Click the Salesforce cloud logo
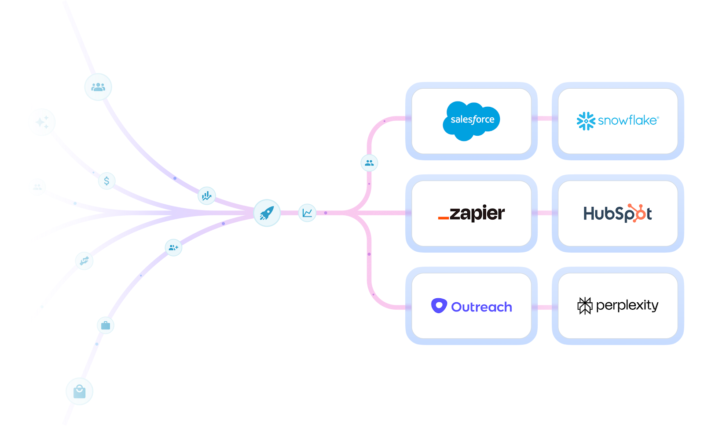click(x=471, y=120)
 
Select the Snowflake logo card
click(x=617, y=120)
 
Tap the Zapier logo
click(x=471, y=213)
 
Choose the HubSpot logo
click(x=617, y=213)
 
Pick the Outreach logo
click(x=471, y=306)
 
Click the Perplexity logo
click(x=617, y=305)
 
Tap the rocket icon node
click(x=267, y=213)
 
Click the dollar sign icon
click(x=106, y=181)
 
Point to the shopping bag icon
click(x=79, y=391)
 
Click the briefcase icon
click(x=106, y=326)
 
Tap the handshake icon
click(x=84, y=261)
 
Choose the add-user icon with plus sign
click(x=173, y=247)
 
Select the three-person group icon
click(x=98, y=87)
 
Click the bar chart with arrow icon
click(x=206, y=195)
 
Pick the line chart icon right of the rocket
click(x=307, y=213)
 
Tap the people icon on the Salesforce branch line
click(x=369, y=163)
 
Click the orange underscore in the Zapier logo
click(x=444, y=218)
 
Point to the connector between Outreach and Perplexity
click(x=544, y=307)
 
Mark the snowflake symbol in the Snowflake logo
click(x=586, y=121)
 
